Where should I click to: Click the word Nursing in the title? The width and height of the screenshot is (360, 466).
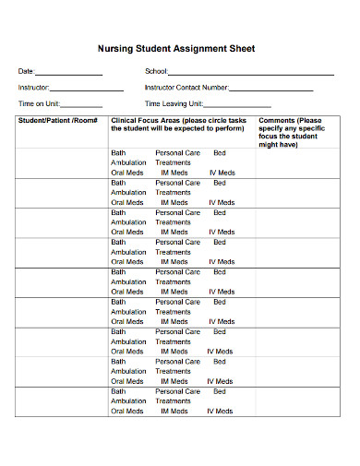click(x=115, y=49)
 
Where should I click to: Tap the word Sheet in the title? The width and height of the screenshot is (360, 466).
click(x=238, y=49)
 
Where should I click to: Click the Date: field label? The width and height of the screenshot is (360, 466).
click(x=26, y=72)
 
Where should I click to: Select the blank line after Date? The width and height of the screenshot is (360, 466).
click(x=68, y=73)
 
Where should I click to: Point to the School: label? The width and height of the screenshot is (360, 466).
click(x=156, y=72)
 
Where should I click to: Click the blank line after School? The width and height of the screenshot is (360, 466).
click(x=250, y=73)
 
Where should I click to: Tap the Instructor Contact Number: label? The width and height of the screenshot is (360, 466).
click(x=186, y=88)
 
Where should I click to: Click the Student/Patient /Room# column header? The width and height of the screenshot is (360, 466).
click(x=58, y=121)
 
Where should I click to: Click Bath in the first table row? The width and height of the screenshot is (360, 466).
click(x=118, y=152)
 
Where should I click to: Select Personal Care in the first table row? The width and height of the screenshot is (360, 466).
click(x=177, y=152)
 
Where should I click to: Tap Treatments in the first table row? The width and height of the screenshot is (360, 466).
click(x=173, y=162)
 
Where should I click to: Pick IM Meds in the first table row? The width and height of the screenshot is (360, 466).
click(x=174, y=173)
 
